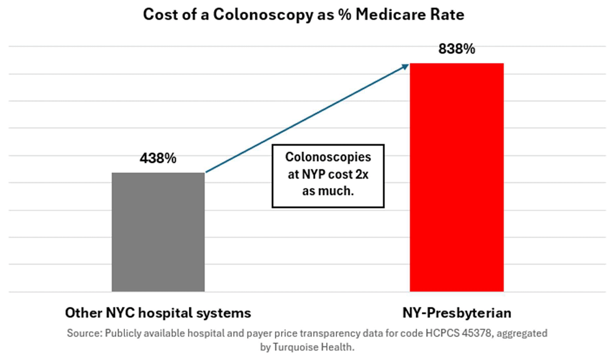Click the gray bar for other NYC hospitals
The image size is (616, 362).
(158, 232)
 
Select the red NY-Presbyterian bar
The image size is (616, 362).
(457, 177)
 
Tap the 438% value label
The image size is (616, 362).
(158, 158)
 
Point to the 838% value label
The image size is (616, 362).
(457, 49)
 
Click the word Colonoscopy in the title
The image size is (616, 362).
(263, 15)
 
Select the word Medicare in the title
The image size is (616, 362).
(391, 14)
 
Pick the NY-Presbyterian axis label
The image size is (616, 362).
(457, 313)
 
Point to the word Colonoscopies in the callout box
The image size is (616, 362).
(328, 157)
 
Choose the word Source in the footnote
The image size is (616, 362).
(85, 333)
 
